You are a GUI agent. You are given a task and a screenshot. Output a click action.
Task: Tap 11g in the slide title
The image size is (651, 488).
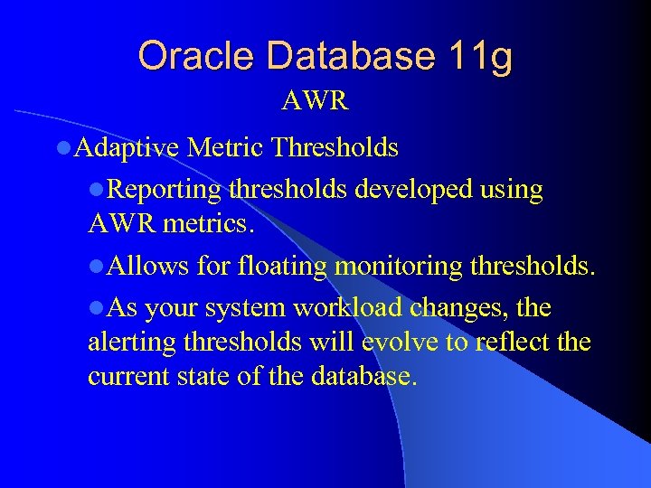point(480,56)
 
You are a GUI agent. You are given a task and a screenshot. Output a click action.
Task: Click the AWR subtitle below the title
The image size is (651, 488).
point(315,100)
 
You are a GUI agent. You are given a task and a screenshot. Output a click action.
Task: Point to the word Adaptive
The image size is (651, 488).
point(127,147)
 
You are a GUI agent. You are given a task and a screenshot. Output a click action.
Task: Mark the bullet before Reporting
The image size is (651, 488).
point(96,191)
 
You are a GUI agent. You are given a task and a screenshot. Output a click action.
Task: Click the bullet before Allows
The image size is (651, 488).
point(96,267)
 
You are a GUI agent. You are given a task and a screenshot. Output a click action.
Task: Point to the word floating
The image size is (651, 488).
point(283,266)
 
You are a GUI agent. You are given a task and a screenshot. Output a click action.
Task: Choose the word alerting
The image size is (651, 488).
point(131,343)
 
